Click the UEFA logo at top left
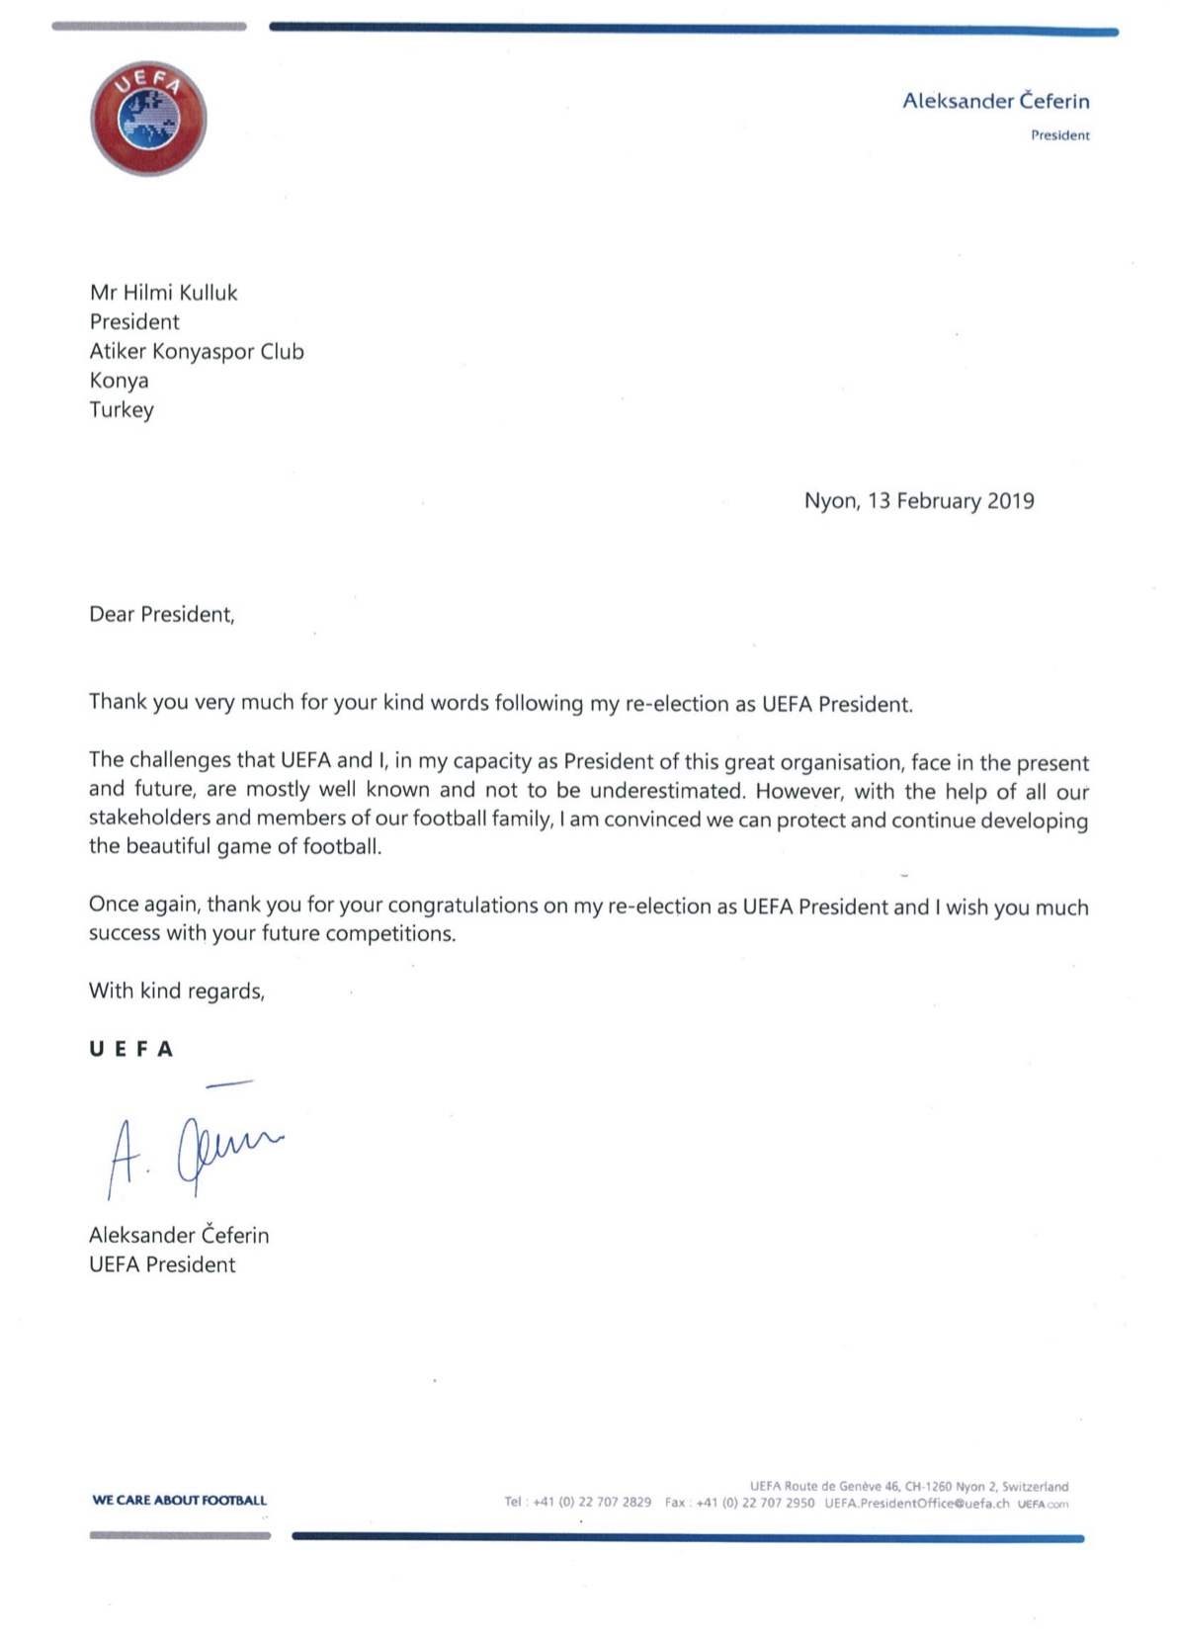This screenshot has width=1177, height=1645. click(x=148, y=119)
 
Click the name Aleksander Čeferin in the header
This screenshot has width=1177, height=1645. click(x=995, y=101)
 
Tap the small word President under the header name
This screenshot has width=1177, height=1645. click(x=1059, y=135)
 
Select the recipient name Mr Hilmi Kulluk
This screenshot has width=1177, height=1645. click(x=163, y=293)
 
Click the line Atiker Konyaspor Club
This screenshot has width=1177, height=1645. click(x=197, y=352)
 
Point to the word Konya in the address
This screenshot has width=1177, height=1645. click(x=119, y=381)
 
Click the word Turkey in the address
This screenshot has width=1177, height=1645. click(x=122, y=410)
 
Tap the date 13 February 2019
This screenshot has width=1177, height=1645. click(x=951, y=501)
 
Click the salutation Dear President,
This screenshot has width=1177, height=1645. click(x=162, y=615)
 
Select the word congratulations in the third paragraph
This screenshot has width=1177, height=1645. click(x=462, y=907)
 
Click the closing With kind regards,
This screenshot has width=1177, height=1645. click(x=177, y=992)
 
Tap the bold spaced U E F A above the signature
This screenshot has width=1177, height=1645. click(x=131, y=1049)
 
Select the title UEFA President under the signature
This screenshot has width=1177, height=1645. click(x=162, y=1265)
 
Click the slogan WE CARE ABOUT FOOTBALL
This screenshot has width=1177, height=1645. click(x=180, y=1500)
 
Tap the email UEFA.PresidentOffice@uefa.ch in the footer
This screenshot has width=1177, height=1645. click(x=916, y=1504)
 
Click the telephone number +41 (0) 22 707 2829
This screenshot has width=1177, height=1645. click(x=592, y=1503)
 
